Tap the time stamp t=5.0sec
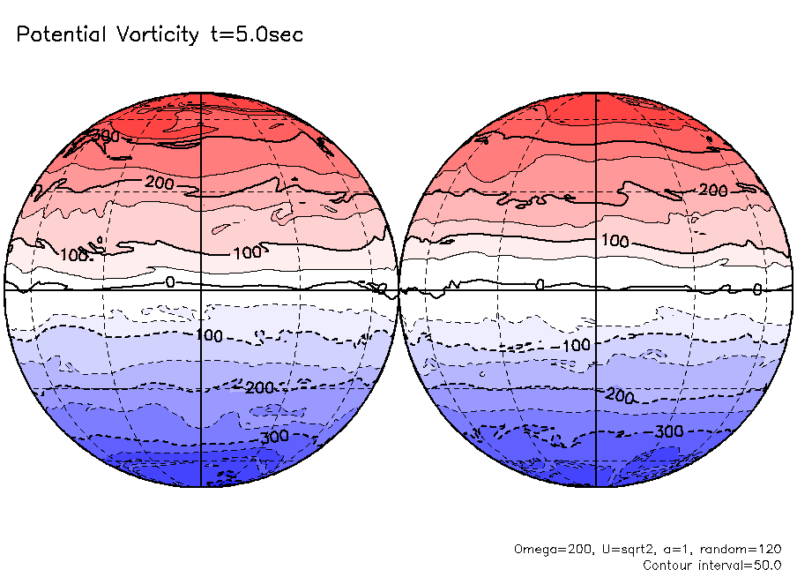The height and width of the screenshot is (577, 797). (x=255, y=35)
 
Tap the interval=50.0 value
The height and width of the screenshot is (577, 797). (x=746, y=565)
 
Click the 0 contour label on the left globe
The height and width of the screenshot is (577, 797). (x=170, y=282)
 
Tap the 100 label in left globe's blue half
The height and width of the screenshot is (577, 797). (x=210, y=336)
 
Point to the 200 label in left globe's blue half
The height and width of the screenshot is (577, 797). (x=260, y=388)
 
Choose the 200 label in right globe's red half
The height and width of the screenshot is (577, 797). (x=712, y=191)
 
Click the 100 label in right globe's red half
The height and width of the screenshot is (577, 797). (x=615, y=241)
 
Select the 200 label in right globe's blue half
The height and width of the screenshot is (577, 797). (x=620, y=397)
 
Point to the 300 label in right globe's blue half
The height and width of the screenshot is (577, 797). (x=668, y=431)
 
